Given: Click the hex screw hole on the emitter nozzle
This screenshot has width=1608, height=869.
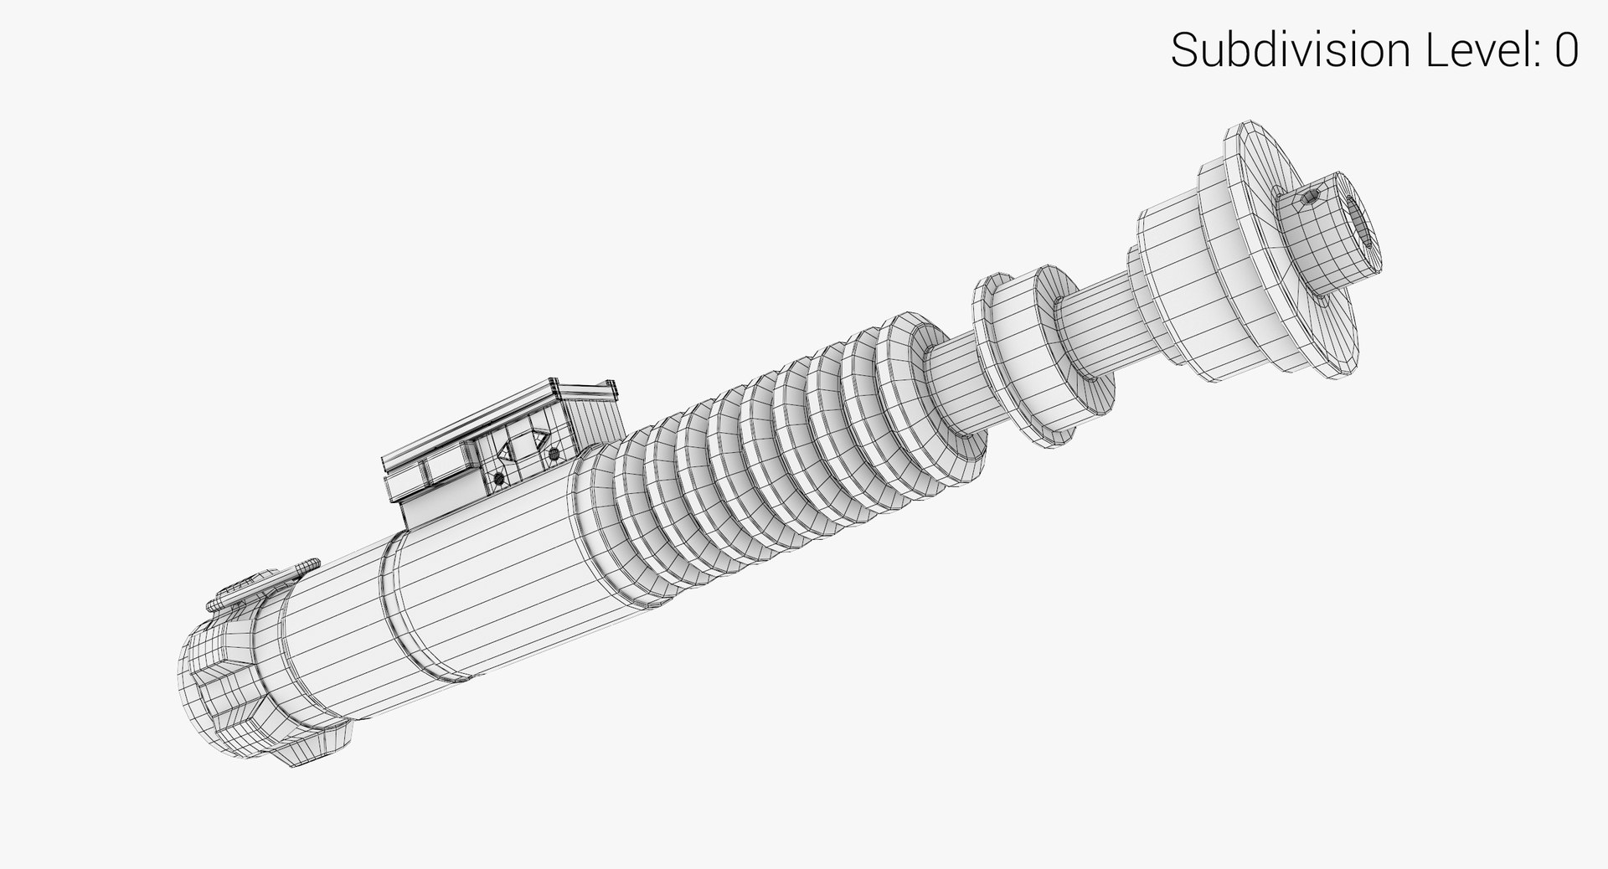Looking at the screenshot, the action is (1311, 198).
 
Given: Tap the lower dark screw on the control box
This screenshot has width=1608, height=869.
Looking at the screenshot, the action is (499, 479).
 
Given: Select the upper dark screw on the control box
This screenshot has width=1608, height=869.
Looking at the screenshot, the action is (554, 454).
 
